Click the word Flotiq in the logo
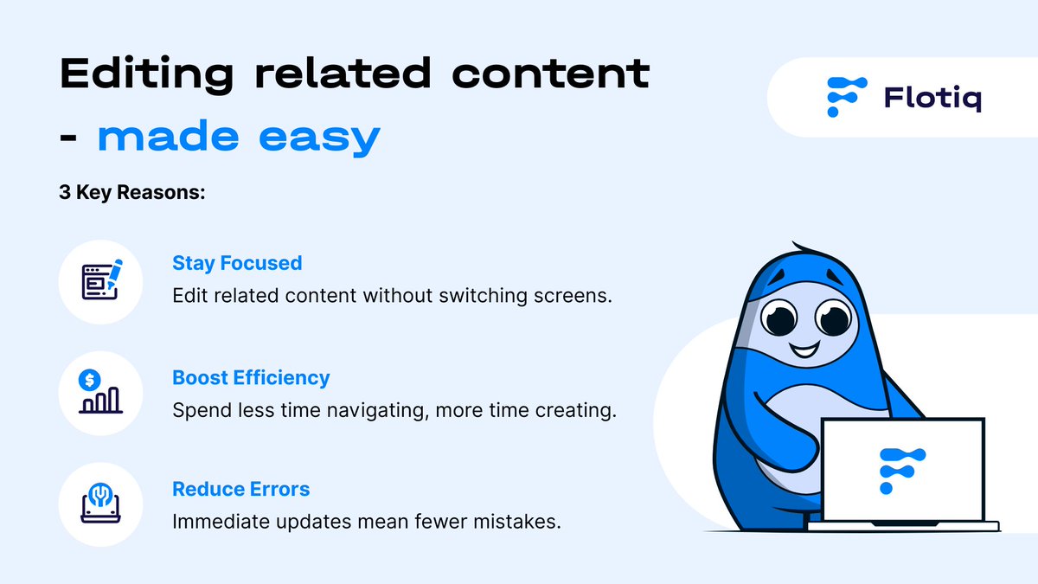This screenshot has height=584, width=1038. [932, 98]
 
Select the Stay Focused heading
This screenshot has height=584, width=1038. [237, 263]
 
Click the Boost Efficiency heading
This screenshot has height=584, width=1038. [251, 377]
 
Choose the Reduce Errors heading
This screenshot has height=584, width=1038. [240, 489]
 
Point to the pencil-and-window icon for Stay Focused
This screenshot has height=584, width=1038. [101, 281]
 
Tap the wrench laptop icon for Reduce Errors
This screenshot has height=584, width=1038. [100, 504]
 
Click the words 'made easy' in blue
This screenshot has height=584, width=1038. [238, 137]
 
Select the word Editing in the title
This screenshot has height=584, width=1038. [146, 74]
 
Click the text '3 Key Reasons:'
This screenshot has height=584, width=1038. [131, 193]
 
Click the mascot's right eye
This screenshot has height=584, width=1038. [833, 316]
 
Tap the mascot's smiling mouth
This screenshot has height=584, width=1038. [804, 350]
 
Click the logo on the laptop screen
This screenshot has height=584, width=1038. [901, 470]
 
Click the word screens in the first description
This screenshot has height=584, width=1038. [575, 296]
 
